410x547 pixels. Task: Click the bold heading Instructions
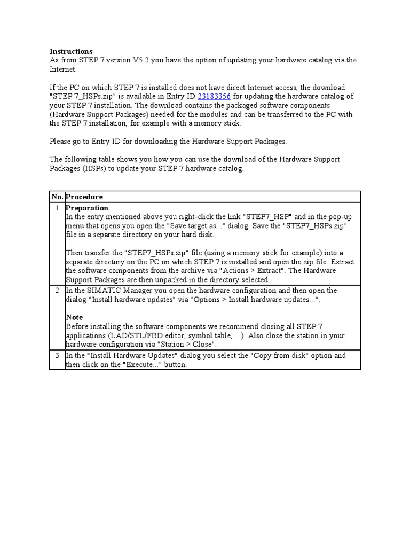tap(71, 51)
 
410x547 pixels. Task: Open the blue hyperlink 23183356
tap(214, 96)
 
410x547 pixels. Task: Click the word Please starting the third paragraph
tap(61, 142)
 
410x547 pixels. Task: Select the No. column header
tap(57, 197)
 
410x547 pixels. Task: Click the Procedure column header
tap(84, 197)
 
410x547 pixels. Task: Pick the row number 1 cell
tap(57, 208)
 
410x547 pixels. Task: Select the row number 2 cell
tap(57, 291)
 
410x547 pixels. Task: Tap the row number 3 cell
tap(57, 356)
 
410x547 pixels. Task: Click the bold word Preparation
tap(86, 208)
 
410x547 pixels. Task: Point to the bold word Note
tap(74, 317)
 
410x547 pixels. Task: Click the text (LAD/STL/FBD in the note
tap(130, 335)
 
